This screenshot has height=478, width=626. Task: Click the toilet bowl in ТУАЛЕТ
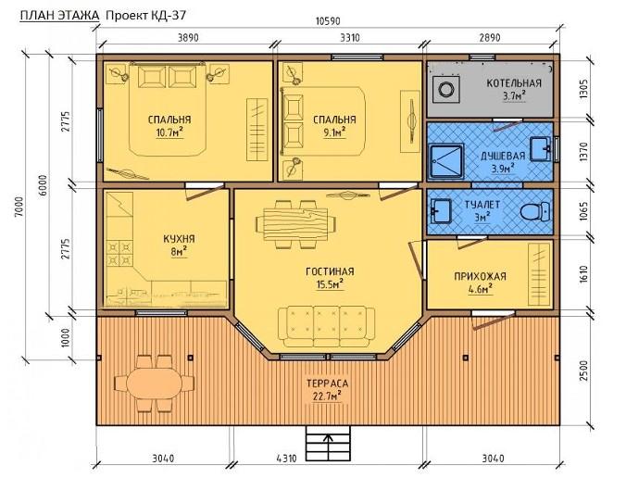point(535,211)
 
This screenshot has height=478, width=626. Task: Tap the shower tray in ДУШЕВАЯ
point(446,162)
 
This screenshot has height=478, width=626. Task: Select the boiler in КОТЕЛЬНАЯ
point(444,89)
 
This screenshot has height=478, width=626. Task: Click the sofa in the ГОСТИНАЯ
point(326,327)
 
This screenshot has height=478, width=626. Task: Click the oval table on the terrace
point(154,383)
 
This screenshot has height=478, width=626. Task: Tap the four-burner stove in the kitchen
point(119,253)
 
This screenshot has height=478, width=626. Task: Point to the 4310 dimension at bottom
point(286,459)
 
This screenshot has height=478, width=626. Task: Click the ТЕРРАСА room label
point(328,384)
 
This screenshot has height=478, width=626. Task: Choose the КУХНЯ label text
point(179,239)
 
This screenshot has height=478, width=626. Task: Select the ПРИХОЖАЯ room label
point(480,276)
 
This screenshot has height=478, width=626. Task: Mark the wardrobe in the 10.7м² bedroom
point(257,130)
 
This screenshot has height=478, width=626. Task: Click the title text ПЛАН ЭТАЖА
point(59,15)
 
